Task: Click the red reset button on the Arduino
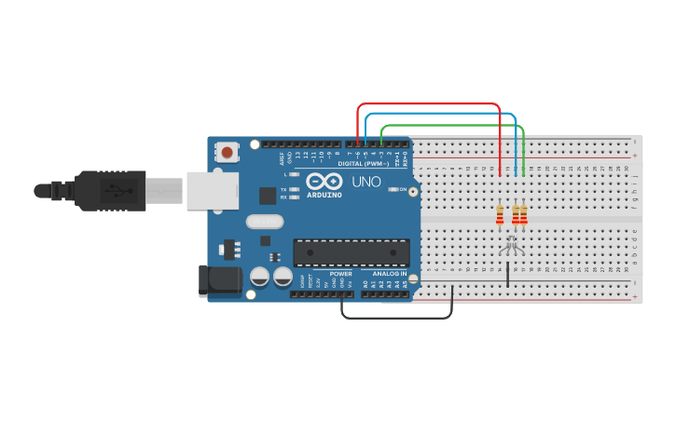[x=227, y=151]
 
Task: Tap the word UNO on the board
[x=366, y=182]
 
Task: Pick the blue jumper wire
[x=438, y=114]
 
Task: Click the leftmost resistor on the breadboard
[x=500, y=215]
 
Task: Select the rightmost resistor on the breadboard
[x=523, y=215]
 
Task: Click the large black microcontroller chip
[x=352, y=252]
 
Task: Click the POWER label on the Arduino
[x=340, y=274]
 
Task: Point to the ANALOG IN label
[x=390, y=274]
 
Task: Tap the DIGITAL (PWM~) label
[x=365, y=163]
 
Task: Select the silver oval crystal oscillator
[x=264, y=222]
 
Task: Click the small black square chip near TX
[x=268, y=195]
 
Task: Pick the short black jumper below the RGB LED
[x=508, y=276]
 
